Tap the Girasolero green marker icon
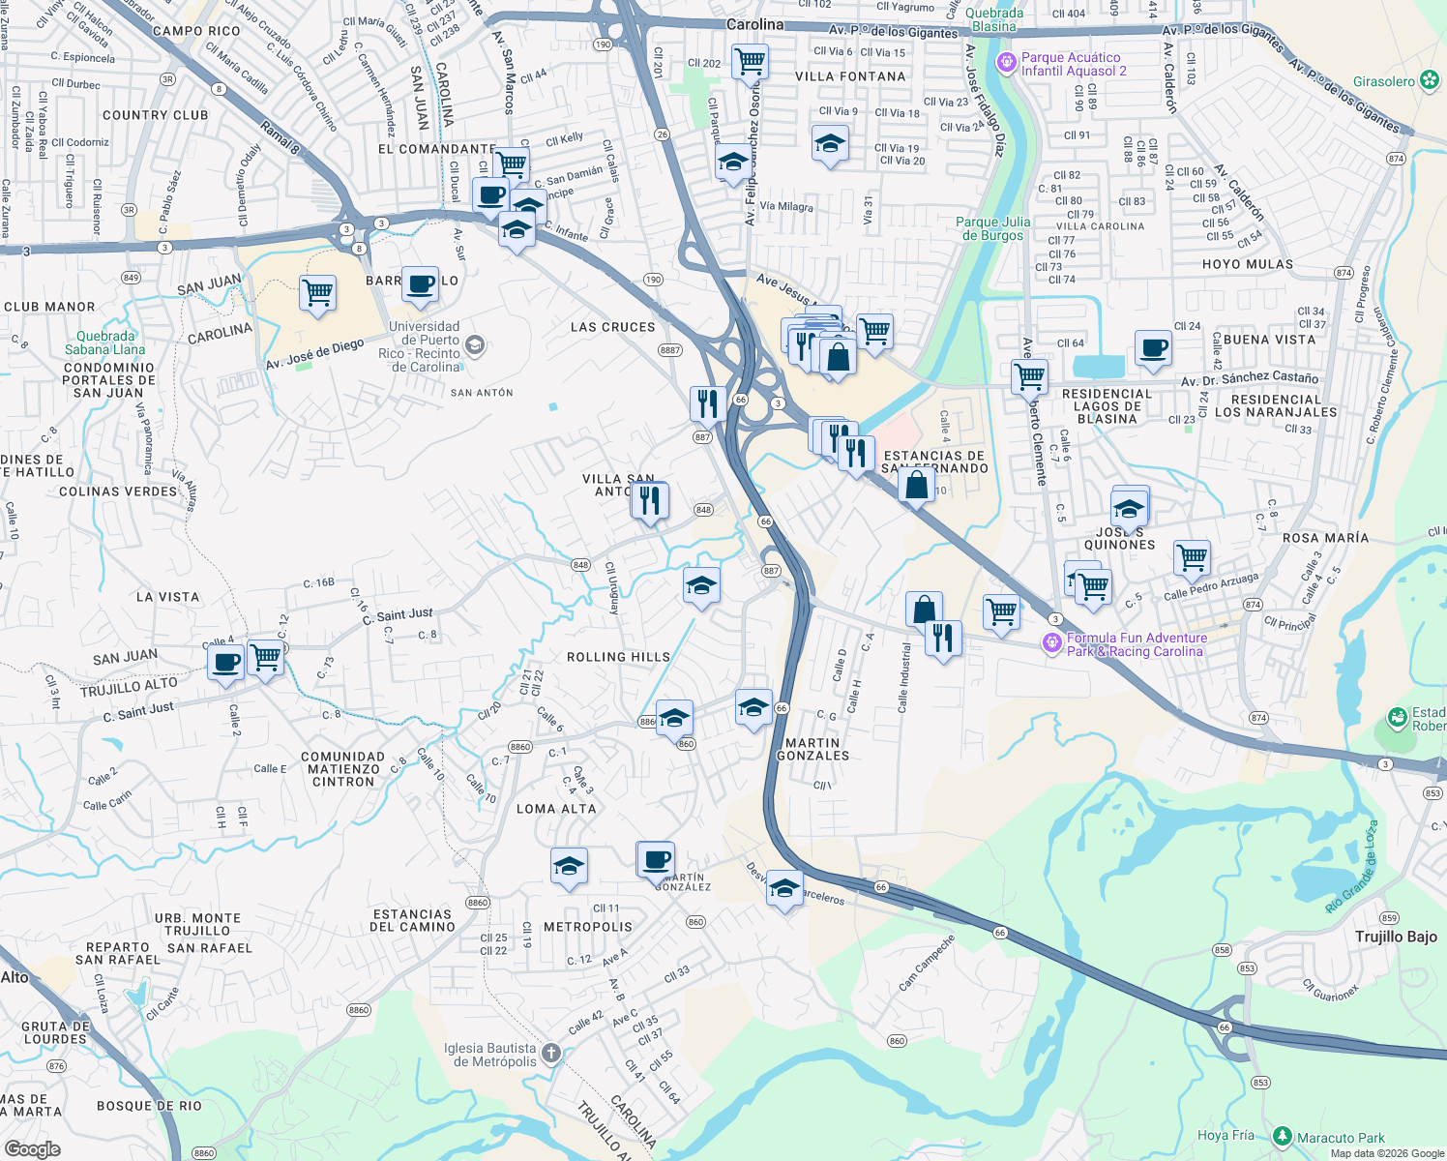click(1430, 81)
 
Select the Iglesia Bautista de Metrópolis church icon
click(551, 1053)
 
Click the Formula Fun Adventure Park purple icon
click(1052, 643)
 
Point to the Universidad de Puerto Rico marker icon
click(474, 344)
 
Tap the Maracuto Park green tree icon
click(1283, 1136)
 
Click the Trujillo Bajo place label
click(1396, 937)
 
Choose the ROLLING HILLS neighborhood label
click(618, 657)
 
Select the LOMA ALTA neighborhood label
click(556, 809)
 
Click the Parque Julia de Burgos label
click(993, 228)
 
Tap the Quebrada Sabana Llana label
click(104, 342)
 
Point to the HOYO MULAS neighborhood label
click(1247, 264)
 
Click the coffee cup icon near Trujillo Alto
click(226, 663)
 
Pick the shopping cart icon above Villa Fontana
click(751, 61)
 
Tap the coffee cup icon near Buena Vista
click(1153, 346)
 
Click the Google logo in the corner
click(32, 1148)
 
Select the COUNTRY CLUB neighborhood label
click(155, 115)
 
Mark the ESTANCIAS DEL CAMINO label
click(412, 920)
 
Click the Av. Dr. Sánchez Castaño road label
click(1249, 378)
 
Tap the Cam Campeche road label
click(926, 962)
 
